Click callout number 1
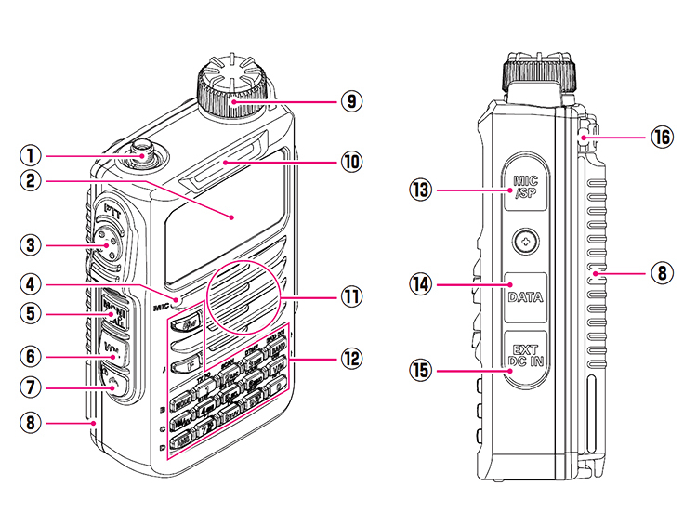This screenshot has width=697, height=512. click(31, 156)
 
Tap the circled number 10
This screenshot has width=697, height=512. click(350, 161)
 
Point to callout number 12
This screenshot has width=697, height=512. click(350, 357)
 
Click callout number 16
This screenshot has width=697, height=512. click(661, 138)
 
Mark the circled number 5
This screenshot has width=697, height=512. click(31, 316)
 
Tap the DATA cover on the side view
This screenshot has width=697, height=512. click(525, 298)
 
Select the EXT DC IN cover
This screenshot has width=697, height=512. click(525, 354)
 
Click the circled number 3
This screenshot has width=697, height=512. click(31, 245)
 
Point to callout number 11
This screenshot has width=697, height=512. click(350, 297)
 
